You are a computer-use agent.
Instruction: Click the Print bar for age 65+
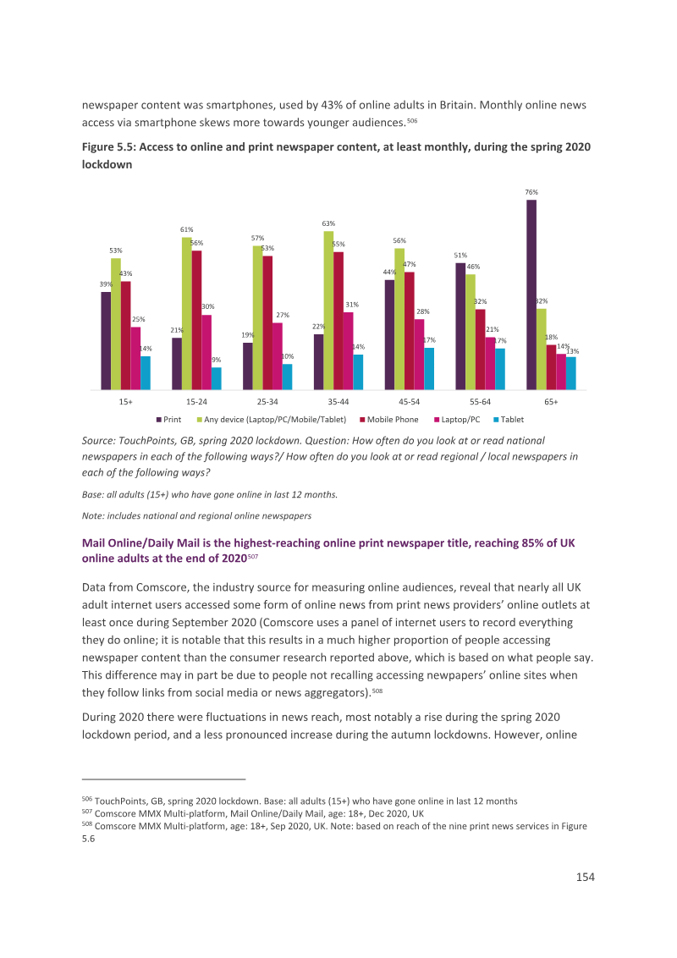[531, 295]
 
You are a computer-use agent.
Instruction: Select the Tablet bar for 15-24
[217, 378]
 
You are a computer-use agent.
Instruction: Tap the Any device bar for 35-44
[328, 311]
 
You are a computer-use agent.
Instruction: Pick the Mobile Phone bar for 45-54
[410, 331]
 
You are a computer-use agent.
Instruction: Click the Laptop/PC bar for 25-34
[278, 356]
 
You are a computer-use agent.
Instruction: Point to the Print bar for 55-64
[460, 327]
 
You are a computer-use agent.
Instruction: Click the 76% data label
[531, 192]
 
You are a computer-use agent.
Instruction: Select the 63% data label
[328, 223]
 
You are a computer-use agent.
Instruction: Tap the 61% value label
[187, 229]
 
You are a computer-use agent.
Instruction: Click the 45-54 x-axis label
[410, 402]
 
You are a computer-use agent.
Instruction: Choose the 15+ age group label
[126, 402]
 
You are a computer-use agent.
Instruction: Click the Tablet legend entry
[509, 420]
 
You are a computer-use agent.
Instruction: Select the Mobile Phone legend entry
[389, 420]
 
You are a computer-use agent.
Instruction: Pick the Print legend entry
[168, 420]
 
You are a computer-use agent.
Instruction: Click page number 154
[586, 878]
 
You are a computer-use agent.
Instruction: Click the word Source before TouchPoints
[98, 441]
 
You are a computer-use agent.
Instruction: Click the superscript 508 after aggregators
[377, 691]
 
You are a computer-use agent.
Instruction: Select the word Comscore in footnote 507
[114, 814]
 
